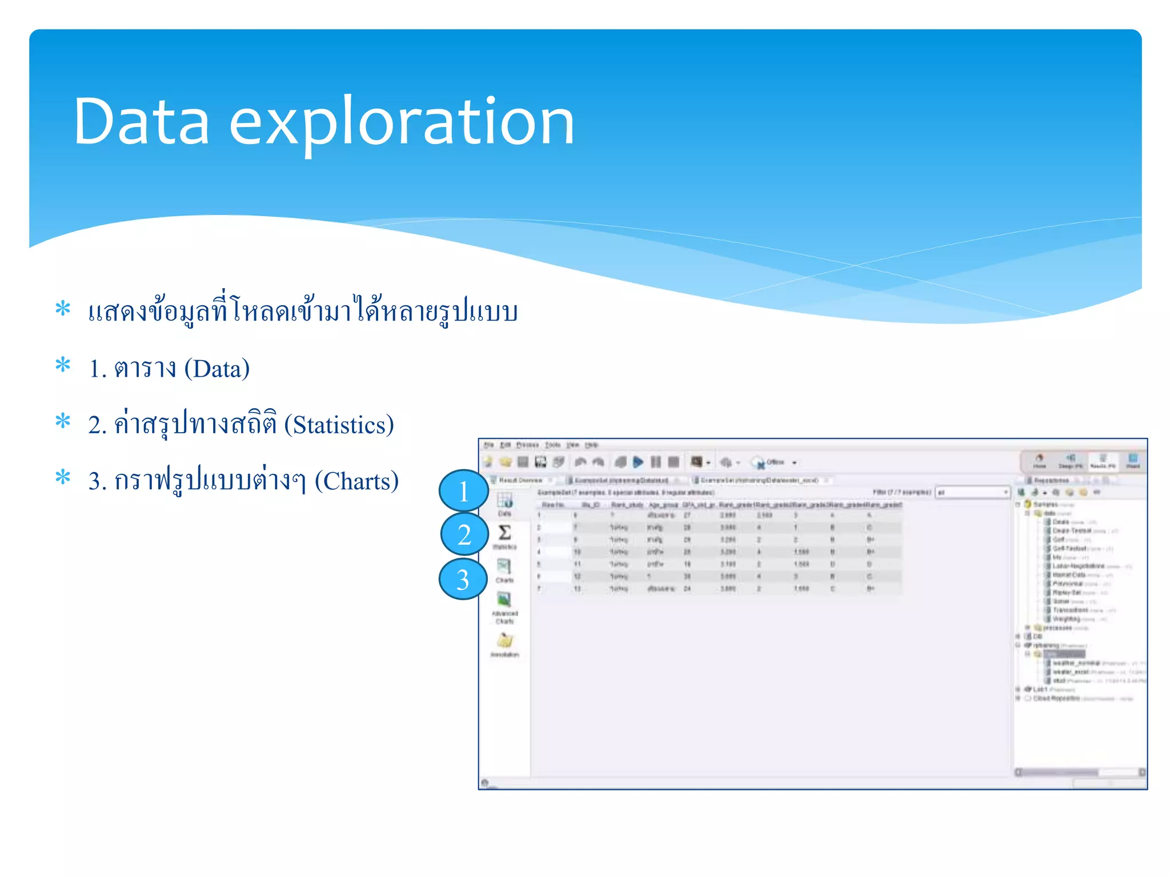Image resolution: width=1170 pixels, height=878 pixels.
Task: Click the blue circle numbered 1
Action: click(x=463, y=491)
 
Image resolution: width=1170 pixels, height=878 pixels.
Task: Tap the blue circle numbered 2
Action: click(x=464, y=534)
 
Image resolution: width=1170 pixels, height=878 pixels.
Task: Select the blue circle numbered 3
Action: click(x=463, y=579)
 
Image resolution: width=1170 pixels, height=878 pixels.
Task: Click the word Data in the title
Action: click(x=141, y=122)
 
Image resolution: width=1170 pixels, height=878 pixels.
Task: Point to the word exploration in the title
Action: click(x=402, y=122)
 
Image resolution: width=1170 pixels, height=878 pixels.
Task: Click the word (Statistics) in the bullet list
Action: click(x=339, y=425)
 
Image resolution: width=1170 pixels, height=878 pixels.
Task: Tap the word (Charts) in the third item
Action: click(x=356, y=481)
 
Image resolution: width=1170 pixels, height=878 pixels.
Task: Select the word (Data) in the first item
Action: click(x=217, y=369)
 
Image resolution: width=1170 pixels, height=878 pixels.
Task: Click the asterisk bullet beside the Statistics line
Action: click(x=63, y=422)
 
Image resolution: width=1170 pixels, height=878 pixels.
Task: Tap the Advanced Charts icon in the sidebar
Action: click(x=504, y=600)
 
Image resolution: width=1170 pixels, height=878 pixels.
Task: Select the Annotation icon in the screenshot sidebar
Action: click(x=504, y=641)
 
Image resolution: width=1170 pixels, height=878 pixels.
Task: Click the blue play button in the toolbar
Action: click(x=638, y=462)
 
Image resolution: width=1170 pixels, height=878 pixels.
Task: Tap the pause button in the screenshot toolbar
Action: click(x=656, y=462)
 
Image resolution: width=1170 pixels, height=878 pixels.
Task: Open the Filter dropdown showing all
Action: click(x=973, y=492)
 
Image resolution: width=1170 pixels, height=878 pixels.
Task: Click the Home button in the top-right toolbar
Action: click(x=1039, y=460)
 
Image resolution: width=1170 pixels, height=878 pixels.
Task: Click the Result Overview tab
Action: click(x=519, y=480)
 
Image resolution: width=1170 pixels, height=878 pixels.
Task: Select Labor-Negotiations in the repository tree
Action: click(x=1078, y=566)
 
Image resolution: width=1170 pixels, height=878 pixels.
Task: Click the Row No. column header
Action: click(x=552, y=505)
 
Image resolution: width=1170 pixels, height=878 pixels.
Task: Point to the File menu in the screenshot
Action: click(x=488, y=445)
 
